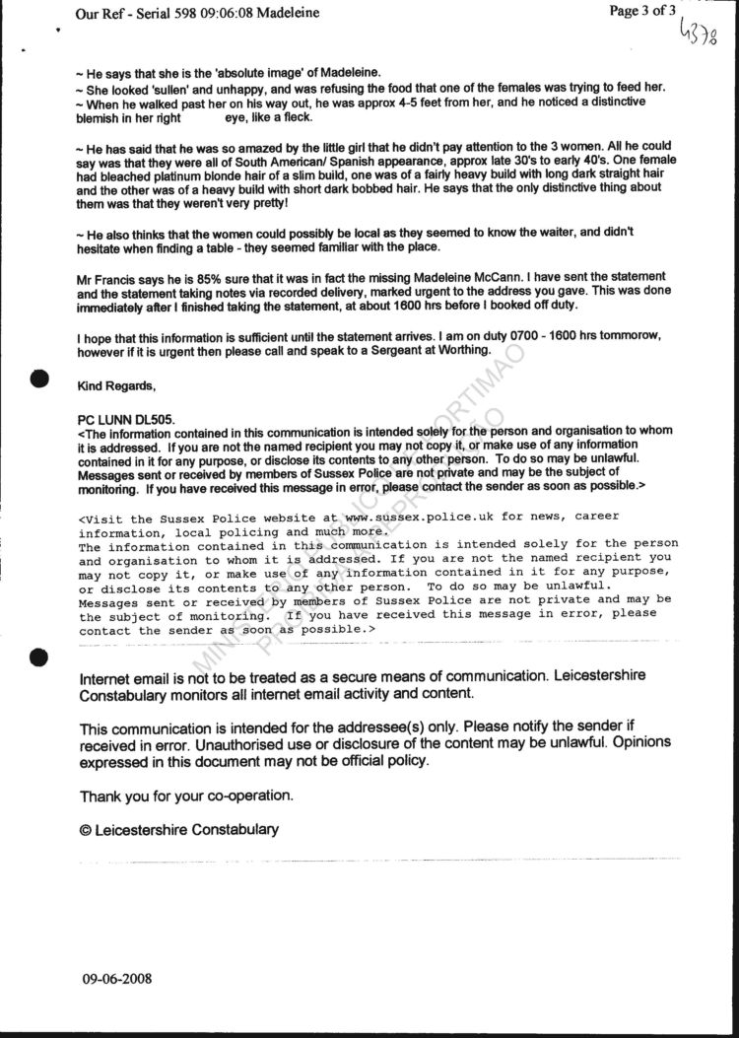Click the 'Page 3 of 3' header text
642,12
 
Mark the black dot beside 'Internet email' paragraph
40,657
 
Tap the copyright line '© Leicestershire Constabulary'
179,829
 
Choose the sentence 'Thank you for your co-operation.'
186,795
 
